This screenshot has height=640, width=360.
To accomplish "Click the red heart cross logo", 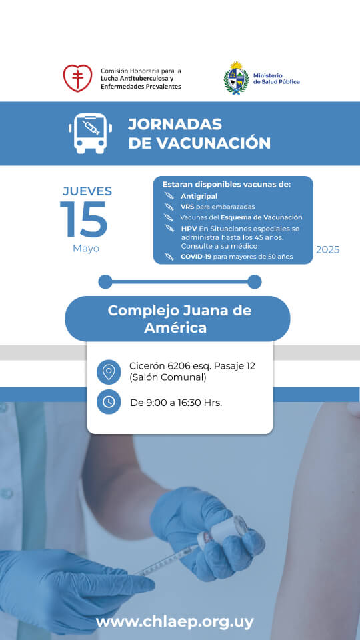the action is coord(77,78).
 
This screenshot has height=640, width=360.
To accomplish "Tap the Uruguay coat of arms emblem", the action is coord(236,79).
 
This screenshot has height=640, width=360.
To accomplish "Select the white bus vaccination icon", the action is coord(90,133).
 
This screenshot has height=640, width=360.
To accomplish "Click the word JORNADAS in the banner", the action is coord(175,124).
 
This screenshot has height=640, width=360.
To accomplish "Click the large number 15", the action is coord(84,219).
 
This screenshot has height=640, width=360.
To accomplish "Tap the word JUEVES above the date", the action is coord(87,191).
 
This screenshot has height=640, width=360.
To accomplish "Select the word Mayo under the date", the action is coord(86,249).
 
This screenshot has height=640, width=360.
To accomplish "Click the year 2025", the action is coord(328,250).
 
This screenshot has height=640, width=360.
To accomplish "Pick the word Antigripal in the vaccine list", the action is coord(199,196).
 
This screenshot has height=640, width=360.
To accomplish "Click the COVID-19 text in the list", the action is coord(196,257).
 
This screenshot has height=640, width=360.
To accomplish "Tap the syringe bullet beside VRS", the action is coord(169,207).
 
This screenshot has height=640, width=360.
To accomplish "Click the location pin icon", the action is coord(109,372).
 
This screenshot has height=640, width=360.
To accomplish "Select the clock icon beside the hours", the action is coord(109,402).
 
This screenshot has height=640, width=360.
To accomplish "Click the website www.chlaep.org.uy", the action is coord(175,623).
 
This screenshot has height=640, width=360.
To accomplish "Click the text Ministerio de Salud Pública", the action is coord(276,79).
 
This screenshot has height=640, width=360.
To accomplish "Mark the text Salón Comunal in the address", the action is coord(168,377).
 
